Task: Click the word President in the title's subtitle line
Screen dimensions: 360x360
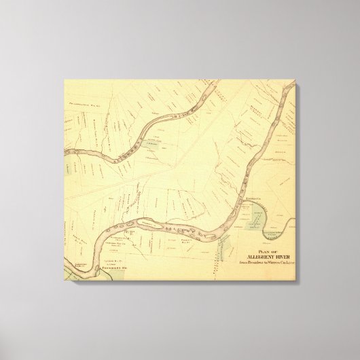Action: tap(255, 264)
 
